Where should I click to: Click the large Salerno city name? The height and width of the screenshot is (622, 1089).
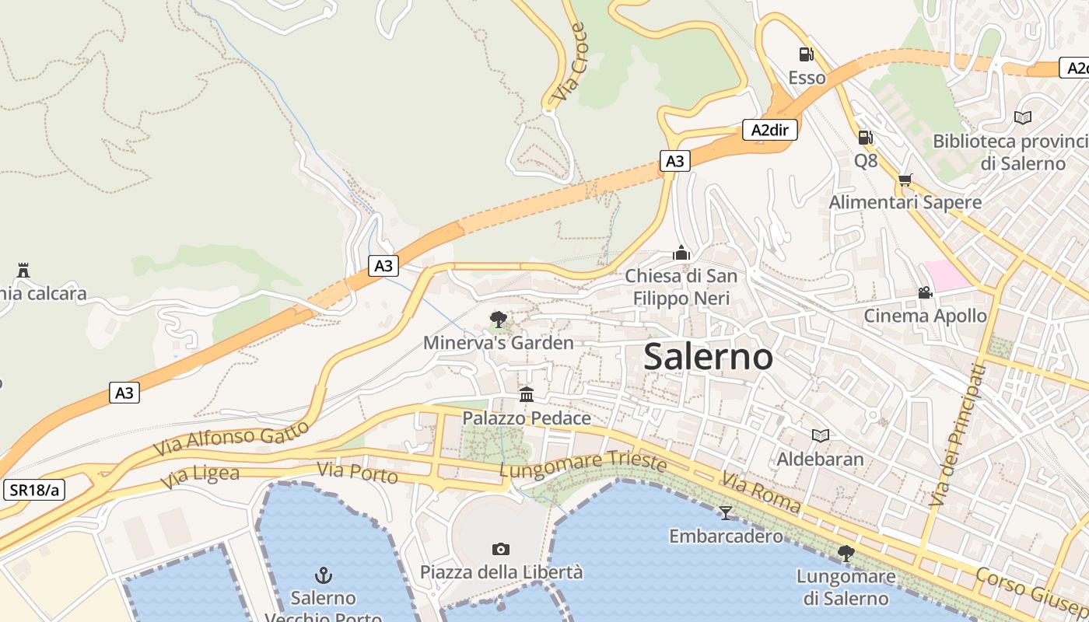[x=708, y=357]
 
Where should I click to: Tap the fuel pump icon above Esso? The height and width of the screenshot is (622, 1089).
[x=806, y=54]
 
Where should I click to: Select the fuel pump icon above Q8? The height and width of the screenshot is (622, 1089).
[x=865, y=138]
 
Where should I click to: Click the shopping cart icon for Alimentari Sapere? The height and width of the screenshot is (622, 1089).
[x=905, y=180]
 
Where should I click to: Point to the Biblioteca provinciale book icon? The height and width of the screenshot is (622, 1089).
[x=1022, y=117]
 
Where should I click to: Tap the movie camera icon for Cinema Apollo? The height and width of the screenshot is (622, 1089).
[x=925, y=293]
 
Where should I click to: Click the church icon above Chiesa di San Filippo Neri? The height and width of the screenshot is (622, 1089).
[x=681, y=253]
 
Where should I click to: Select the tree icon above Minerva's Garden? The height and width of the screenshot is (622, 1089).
[x=498, y=319]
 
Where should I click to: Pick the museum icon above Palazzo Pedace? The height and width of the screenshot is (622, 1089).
[x=527, y=395]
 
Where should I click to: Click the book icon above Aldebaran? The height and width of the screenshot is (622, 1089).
[x=820, y=435]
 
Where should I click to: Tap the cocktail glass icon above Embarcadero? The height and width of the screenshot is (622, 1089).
[x=726, y=512]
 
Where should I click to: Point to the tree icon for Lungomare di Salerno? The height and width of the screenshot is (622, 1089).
[x=846, y=554]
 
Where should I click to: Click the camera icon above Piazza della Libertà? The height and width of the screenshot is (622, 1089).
[x=501, y=549]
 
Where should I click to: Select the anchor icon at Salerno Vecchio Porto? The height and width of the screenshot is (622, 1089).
[x=323, y=575]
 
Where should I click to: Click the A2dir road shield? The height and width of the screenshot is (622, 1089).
[x=770, y=130]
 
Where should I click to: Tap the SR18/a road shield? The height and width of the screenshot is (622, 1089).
[x=34, y=490]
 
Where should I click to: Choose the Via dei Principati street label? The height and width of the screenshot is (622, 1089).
[x=953, y=435]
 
